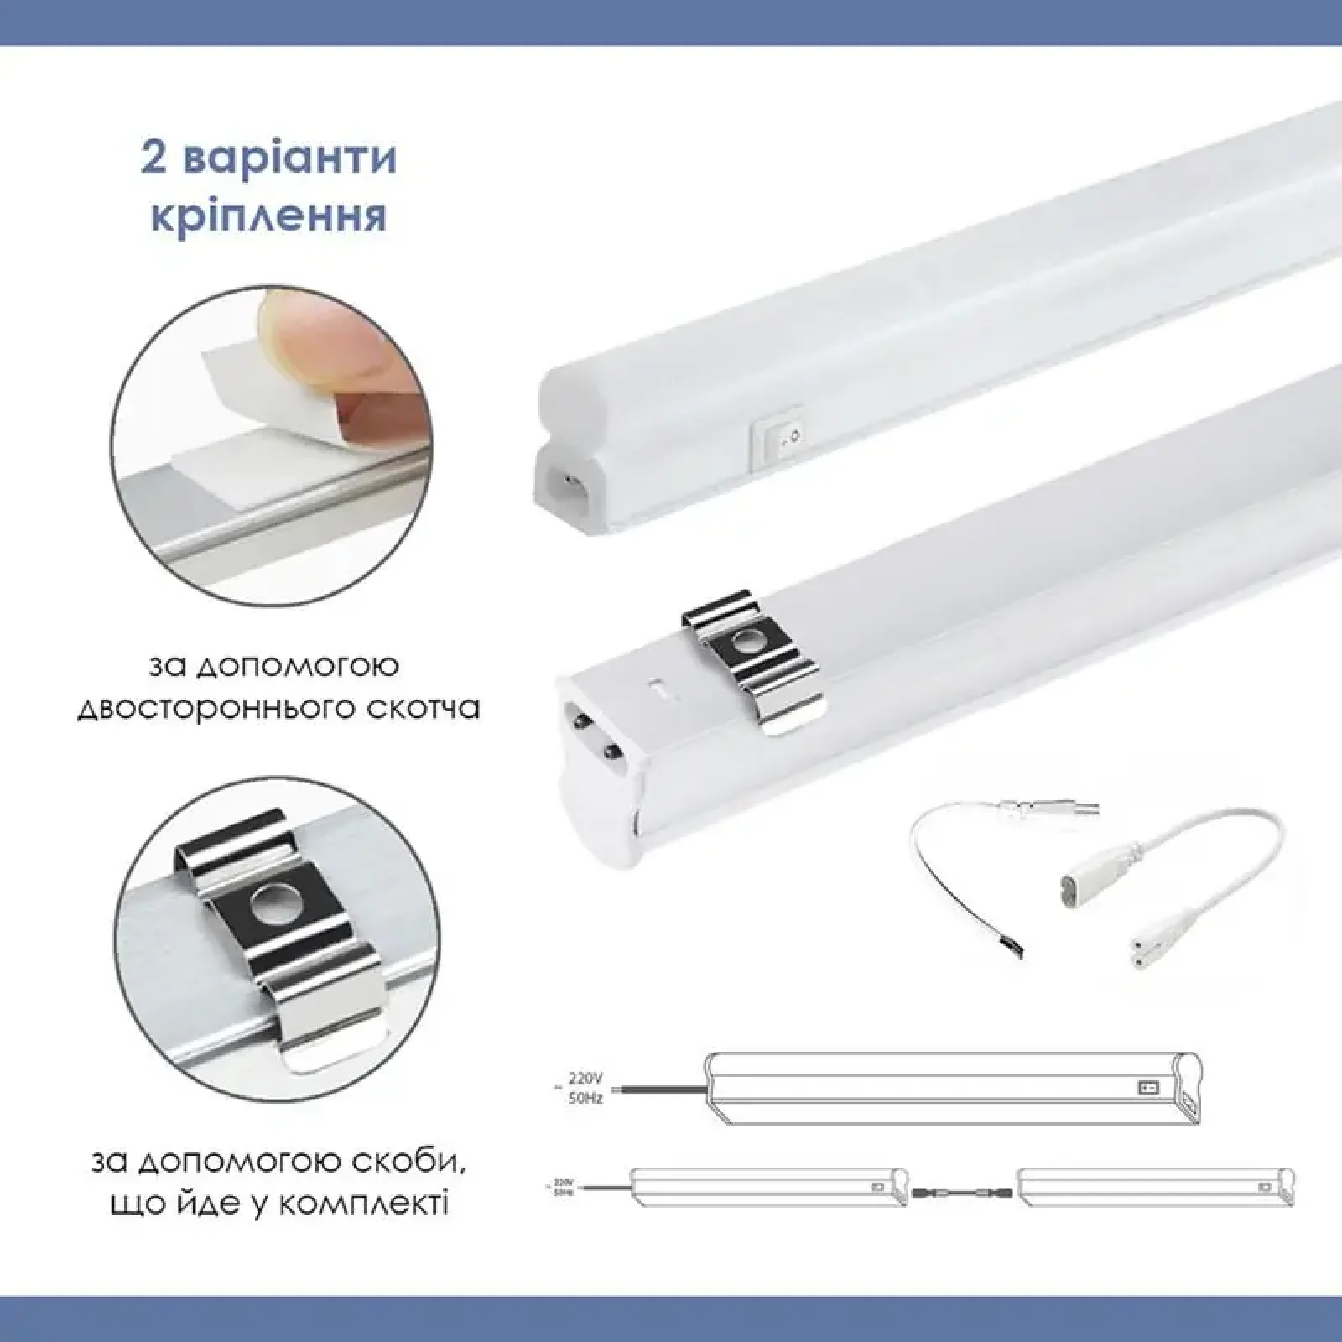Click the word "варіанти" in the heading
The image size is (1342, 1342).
(x=290, y=159)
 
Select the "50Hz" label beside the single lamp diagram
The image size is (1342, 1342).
(x=585, y=1100)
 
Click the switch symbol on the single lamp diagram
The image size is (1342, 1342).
(x=1147, y=1088)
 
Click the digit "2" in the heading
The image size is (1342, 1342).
(x=153, y=159)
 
